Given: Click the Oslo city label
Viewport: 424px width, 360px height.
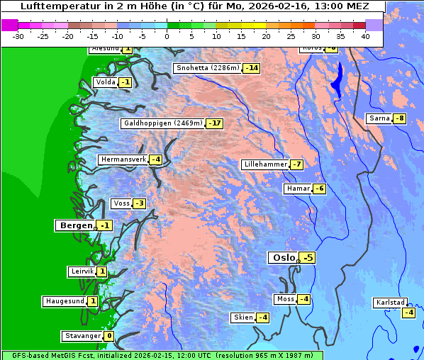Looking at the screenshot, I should click(283, 258).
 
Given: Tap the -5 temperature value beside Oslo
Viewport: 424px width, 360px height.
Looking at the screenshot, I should click(308, 258).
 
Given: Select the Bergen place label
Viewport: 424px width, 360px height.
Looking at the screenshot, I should click(74, 225).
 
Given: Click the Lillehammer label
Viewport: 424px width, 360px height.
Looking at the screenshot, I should click(265, 164).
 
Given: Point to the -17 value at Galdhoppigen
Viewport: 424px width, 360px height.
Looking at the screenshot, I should click(214, 123).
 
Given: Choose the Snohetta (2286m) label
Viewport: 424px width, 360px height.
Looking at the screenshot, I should click(207, 68).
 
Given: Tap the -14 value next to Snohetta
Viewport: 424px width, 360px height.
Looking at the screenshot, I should click(251, 68).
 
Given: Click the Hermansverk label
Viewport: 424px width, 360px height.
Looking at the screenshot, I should click(123, 159).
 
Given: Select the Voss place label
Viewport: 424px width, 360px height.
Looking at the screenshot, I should click(121, 203).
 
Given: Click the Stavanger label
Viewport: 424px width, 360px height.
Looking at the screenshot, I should click(82, 336).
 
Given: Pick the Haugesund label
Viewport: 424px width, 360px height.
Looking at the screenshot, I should click(65, 301).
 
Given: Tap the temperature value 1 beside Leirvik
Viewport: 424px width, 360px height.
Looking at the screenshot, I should click(102, 271).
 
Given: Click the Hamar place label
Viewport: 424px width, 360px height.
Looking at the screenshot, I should click(298, 189).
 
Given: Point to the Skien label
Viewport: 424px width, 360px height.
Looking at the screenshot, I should click(242, 317).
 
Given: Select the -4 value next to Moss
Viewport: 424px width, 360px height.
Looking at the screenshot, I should click(303, 299).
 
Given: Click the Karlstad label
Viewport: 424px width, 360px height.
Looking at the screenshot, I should click(389, 303).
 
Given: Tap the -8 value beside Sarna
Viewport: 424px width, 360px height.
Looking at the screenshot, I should click(400, 118).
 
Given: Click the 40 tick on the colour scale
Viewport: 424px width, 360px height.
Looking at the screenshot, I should click(365, 35).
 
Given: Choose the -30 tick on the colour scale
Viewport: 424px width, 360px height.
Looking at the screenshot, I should click(18, 35).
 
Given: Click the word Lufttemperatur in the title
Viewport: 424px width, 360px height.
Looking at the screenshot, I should click(51, 6).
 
